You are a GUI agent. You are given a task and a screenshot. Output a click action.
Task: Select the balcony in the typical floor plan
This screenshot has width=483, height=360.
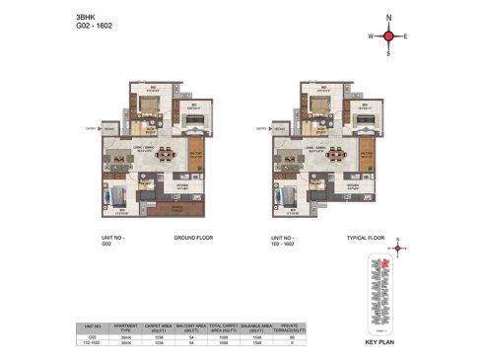click(366, 158)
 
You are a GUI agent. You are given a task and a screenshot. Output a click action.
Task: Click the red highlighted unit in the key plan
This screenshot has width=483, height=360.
click(374, 265)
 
